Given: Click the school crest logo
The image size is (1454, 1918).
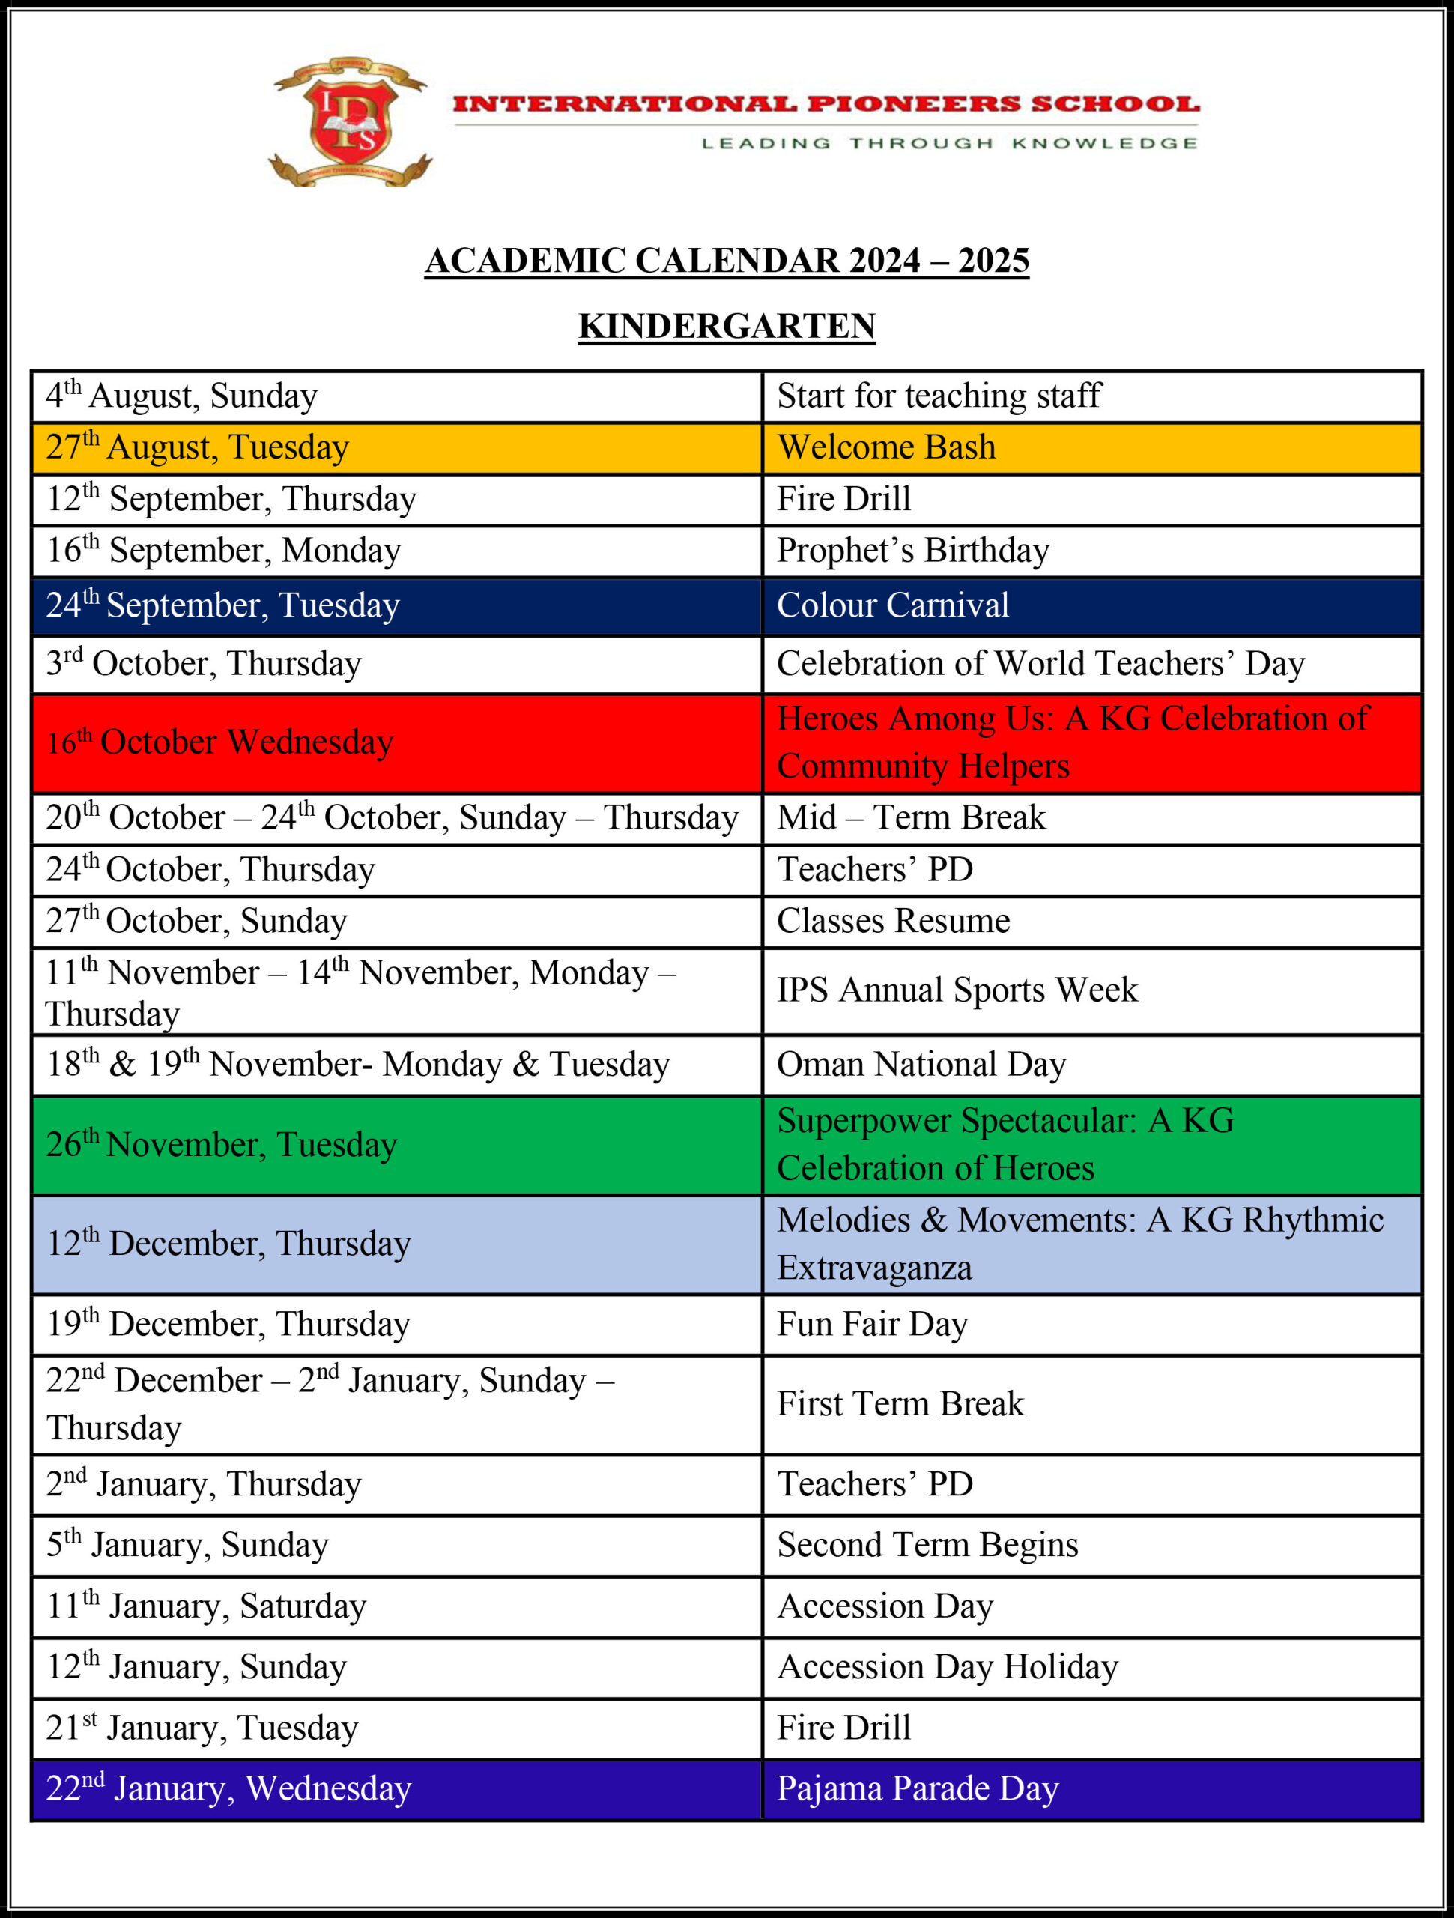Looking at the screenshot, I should tap(351, 122).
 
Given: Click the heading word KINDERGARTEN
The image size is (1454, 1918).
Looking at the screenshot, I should tap(727, 326).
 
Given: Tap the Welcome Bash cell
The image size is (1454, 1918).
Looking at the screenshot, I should tap(886, 447).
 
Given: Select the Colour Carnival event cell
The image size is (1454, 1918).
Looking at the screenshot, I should tap(892, 605).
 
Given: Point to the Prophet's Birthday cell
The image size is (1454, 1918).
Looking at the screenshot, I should tap(912, 551).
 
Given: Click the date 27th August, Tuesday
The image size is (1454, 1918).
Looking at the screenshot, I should tap(198, 447).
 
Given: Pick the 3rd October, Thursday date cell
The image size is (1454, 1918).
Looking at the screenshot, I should tap(204, 663).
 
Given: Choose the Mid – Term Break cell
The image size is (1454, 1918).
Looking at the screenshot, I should tap(910, 817).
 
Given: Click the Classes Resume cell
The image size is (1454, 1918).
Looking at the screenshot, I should tap(893, 921).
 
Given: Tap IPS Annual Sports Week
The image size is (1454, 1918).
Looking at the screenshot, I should tap(957, 990).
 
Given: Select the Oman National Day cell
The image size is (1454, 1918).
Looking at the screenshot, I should tap(921, 1065).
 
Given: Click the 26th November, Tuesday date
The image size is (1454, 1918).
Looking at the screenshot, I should tap(221, 1145).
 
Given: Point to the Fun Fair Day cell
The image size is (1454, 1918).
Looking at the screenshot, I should tap(871, 1324).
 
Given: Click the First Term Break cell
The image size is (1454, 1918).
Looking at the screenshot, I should tap(900, 1404).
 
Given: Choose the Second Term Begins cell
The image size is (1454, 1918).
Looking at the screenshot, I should tap(927, 1544).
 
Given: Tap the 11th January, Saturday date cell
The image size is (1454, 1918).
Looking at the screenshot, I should tap(206, 1606).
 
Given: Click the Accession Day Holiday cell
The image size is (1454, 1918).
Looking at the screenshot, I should tap(947, 1666).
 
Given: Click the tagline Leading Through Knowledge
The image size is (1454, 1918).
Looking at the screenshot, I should tap(948, 143).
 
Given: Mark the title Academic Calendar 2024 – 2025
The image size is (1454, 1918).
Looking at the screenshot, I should tap(727, 261).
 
